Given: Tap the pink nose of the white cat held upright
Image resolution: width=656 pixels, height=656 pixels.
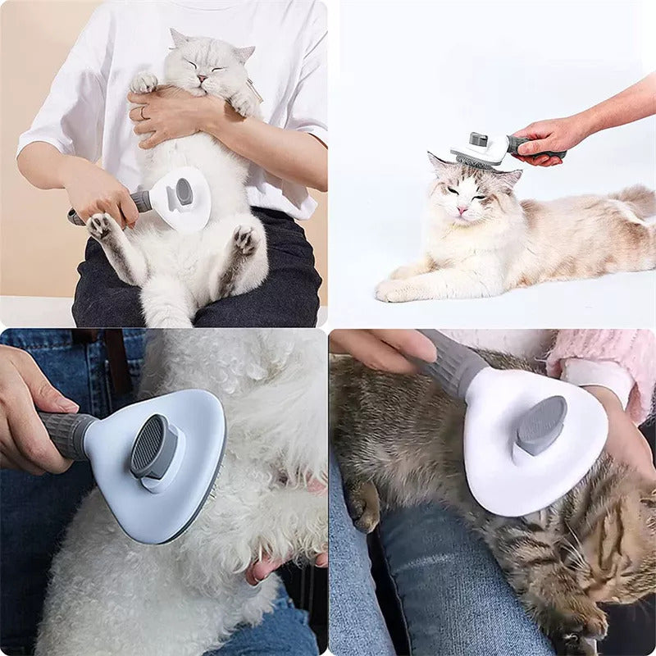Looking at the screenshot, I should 199,78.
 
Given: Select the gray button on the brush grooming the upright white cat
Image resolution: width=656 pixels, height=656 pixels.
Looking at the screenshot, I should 184,192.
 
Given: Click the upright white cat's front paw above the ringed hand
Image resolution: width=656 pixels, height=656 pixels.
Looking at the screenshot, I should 144,81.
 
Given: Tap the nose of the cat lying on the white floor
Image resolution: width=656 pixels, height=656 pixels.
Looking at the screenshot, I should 462,209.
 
